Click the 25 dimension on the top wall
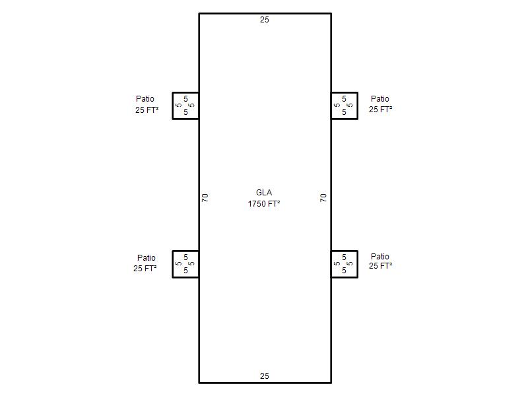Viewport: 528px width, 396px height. click(265, 20)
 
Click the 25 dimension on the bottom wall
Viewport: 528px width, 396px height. click(265, 376)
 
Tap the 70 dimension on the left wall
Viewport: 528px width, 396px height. click(205, 197)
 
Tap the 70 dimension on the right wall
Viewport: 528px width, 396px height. click(323, 197)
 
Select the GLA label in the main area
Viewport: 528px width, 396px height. click(264, 192)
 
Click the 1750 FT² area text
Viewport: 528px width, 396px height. click(264, 204)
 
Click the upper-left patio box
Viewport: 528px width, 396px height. click(172, 106)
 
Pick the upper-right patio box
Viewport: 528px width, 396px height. click(358, 106)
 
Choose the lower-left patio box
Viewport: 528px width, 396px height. click(172, 265)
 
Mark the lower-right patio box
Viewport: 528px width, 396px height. click(358, 265)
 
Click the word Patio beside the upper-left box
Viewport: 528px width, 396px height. click(145, 98)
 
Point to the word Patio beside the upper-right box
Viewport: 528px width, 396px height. click(380, 98)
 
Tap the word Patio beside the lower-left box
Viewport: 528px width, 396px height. click(146, 257)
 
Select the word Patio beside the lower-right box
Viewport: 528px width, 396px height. click(380, 256)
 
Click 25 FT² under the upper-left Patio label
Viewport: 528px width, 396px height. click(147, 110)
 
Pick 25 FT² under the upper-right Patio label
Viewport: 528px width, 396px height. click(381, 109)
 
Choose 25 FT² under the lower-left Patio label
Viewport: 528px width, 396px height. click(145, 269)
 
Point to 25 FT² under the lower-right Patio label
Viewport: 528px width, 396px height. click(381, 266)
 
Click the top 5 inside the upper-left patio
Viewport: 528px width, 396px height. click(185, 98)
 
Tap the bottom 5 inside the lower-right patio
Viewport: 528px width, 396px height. click(344, 271)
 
